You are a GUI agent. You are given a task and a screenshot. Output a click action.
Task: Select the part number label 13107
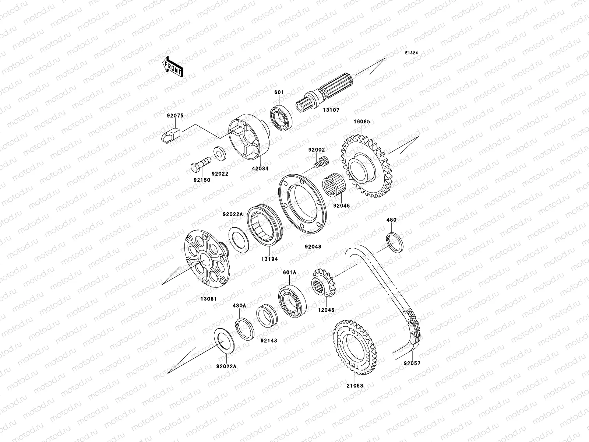click(331, 110)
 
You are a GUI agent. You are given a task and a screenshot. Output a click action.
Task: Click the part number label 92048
click(313, 247)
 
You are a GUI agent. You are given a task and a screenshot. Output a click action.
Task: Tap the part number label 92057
click(412, 363)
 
